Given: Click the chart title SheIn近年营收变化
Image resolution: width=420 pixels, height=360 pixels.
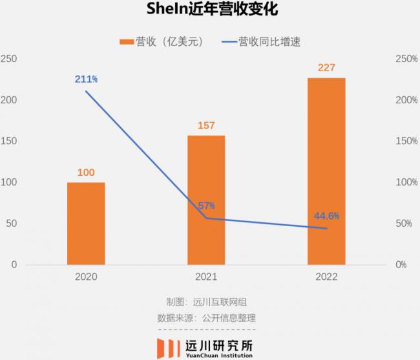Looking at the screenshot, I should pyautogui.click(x=211, y=12).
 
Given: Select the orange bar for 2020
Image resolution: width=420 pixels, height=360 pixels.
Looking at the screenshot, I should pyautogui.click(x=86, y=223).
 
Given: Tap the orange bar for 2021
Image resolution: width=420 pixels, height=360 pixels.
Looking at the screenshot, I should pyautogui.click(x=206, y=200).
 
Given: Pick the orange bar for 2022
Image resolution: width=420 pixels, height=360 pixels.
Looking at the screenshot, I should pyautogui.click(x=326, y=171).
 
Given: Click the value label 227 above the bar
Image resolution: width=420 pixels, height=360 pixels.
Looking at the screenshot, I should pyautogui.click(x=326, y=67).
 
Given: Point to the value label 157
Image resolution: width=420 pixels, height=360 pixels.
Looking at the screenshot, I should pyautogui.click(x=206, y=125).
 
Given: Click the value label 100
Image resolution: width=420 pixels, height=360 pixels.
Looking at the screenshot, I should pyautogui.click(x=86, y=173).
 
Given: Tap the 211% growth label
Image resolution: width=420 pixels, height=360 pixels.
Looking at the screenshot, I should pyautogui.click(x=85, y=79).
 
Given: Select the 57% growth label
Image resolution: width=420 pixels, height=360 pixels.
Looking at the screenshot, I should pyautogui.click(x=206, y=206).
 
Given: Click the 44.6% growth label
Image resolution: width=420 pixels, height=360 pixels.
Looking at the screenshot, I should pyautogui.click(x=327, y=216).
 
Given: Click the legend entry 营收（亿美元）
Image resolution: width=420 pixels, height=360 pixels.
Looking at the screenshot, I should pyautogui.click(x=162, y=42).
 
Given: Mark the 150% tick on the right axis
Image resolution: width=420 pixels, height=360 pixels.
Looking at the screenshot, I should pyautogui.click(x=406, y=142).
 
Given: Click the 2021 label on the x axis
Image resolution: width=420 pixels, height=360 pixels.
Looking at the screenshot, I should pyautogui.click(x=206, y=277).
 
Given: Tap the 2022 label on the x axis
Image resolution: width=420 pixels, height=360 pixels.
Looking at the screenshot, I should pyautogui.click(x=326, y=277).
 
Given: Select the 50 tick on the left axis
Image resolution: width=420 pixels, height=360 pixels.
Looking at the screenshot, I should pyautogui.click(x=12, y=224).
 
